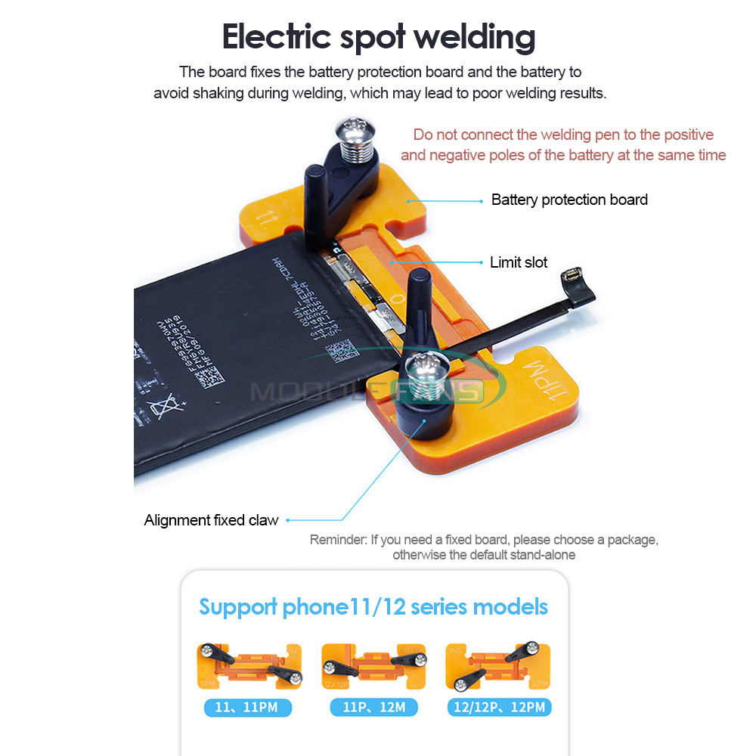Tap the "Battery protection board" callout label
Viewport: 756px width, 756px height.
569,200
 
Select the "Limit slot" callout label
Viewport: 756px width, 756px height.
519,262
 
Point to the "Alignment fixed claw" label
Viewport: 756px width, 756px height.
211,520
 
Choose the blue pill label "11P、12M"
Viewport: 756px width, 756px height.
373,708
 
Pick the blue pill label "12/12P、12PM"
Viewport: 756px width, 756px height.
499,708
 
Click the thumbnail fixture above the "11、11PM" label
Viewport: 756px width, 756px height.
249,665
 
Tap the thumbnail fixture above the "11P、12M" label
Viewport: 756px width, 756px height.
373,665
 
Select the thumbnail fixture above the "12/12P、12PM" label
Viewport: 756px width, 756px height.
498,665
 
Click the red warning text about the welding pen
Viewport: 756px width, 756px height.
563,145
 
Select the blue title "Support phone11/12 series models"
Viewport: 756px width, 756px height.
373,606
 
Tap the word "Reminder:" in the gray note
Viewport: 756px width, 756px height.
338,540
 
